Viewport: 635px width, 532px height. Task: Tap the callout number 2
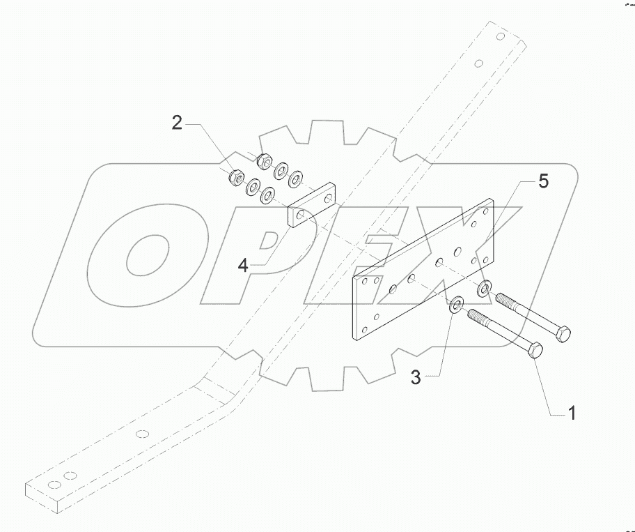(x=178, y=124)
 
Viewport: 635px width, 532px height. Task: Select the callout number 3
(x=415, y=378)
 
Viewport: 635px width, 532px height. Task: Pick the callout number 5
(x=542, y=183)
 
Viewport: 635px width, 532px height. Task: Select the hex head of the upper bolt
(x=563, y=334)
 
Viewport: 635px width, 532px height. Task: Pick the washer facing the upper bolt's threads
(x=484, y=287)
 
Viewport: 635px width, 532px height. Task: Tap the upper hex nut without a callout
(x=265, y=161)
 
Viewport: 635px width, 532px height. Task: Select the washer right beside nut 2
(x=252, y=188)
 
